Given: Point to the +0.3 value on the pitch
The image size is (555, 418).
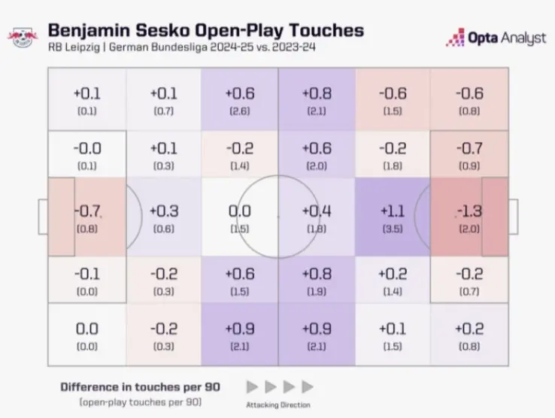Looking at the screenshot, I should click(163, 211).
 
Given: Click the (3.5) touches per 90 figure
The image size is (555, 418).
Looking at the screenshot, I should click(391, 229).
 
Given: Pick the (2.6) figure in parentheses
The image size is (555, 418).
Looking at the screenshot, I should click(239, 111).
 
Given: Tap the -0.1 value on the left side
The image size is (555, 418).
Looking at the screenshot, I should click(87, 274).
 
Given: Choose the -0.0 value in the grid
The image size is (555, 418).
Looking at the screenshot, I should click(87, 149).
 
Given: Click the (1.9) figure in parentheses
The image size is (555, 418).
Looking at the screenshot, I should click(316, 291).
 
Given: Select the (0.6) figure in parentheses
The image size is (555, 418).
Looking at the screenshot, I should click(163, 229).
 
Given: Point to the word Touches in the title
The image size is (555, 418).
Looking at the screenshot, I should click(329, 30).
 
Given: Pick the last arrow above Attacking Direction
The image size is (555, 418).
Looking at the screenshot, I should click(307, 386).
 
